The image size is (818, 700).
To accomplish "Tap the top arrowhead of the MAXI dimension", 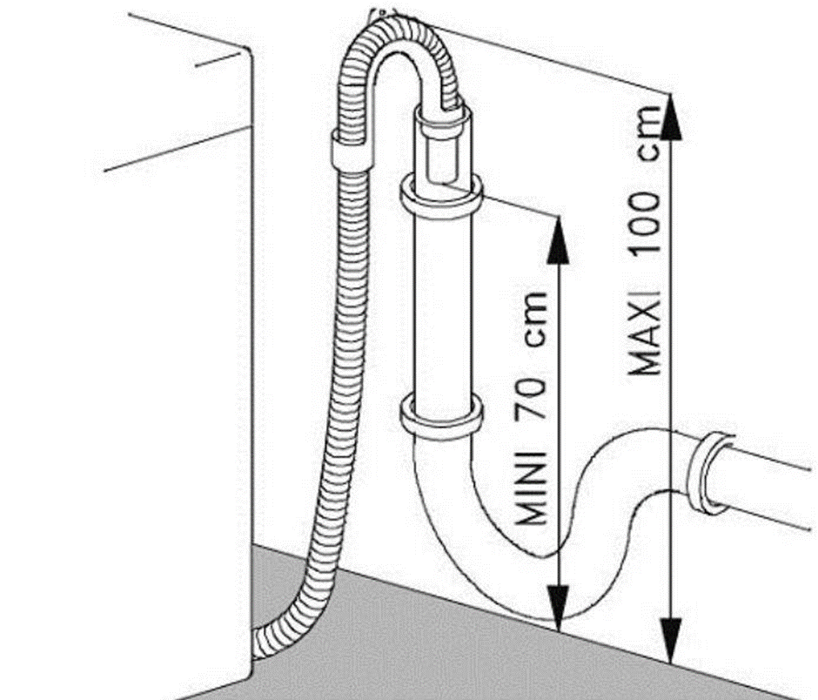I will click(x=670, y=113).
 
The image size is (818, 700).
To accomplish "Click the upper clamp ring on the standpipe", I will click(x=441, y=195).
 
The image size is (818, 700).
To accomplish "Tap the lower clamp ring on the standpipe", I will click(x=441, y=416).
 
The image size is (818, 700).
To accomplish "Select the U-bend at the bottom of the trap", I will click(x=487, y=557).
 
